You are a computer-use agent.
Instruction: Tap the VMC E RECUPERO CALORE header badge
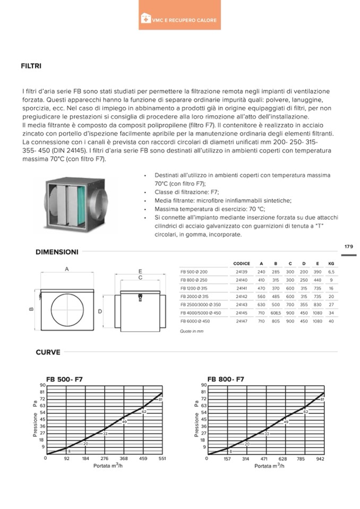[179, 20]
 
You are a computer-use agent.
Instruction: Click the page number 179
[348, 247]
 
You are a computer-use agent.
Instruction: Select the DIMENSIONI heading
[57, 252]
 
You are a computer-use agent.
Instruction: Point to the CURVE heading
[48, 352]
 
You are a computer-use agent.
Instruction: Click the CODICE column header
[242, 263]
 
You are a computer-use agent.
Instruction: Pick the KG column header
[331, 263]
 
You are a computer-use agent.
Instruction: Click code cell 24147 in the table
[242, 322]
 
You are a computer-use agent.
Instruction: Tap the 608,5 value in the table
[276, 313]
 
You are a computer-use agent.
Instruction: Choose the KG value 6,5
[331, 272]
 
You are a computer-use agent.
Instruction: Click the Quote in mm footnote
[192, 331]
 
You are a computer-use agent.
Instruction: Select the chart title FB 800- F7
[226, 379]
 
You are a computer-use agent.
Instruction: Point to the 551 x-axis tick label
[162, 458]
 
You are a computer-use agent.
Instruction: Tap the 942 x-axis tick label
[320, 458]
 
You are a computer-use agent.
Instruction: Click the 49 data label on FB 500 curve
[124, 421]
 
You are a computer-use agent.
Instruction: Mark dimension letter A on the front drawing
[67, 269]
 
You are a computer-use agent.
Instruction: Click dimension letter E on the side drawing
[140, 270]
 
